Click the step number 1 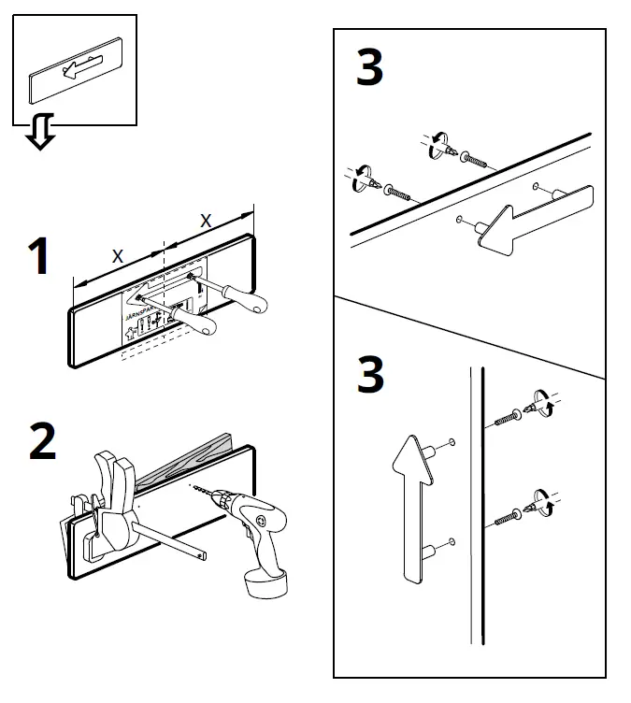38,257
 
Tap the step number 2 42,442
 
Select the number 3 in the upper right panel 369,69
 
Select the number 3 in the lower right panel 370,375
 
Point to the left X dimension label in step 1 117,254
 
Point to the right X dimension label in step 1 207,220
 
